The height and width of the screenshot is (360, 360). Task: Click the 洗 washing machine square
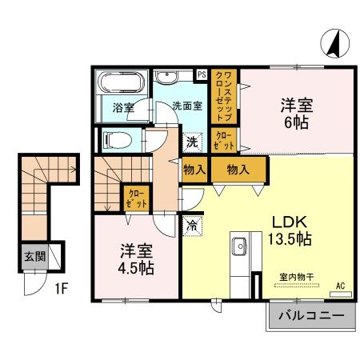point(191,142)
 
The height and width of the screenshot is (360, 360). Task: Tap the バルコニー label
point(311,317)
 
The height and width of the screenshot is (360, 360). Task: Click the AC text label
point(340,286)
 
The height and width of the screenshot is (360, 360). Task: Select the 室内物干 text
point(296,276)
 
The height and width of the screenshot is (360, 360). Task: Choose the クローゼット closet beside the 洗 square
point(224,142)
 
